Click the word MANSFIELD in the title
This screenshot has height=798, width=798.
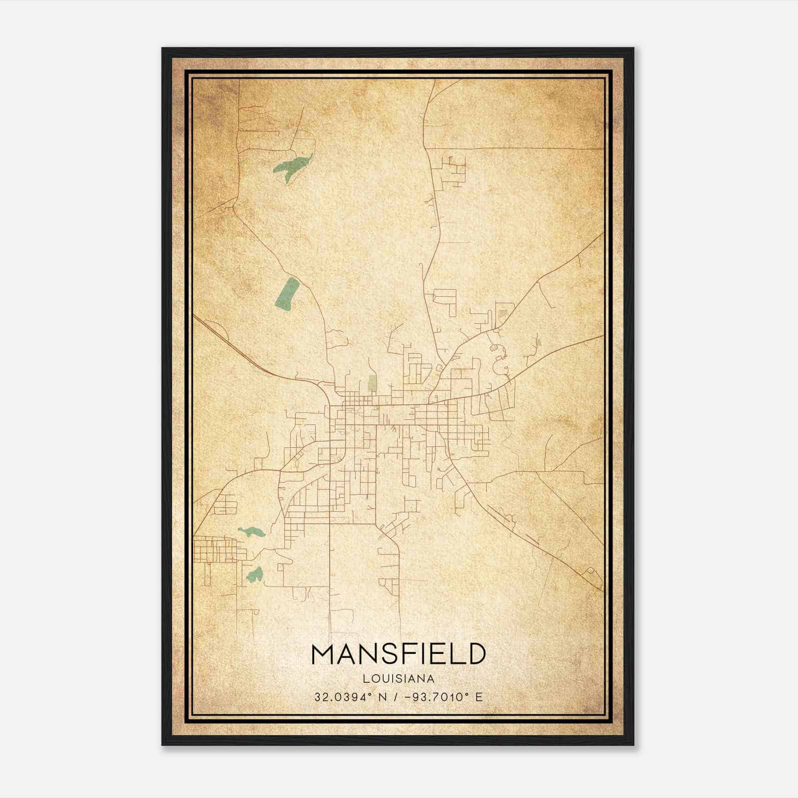tap(399, 654)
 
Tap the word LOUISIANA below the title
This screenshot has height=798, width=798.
tap(399, 678)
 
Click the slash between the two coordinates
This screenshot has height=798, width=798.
tap(396, 697)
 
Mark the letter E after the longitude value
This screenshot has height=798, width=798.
tap(479, 697)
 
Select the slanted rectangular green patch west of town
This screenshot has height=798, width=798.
tap(287, 293)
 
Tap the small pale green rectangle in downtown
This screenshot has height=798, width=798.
tap(372, 383)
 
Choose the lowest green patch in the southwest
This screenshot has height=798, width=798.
tap(254, 575)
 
